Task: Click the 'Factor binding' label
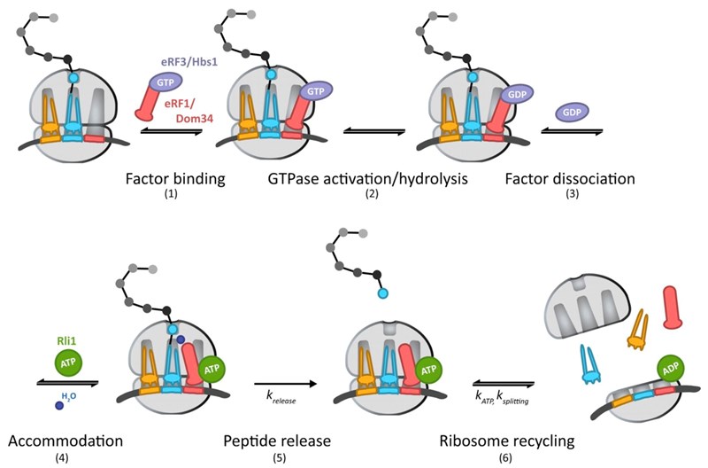(x=174, y=178)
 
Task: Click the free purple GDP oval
(x=571, y=113)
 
